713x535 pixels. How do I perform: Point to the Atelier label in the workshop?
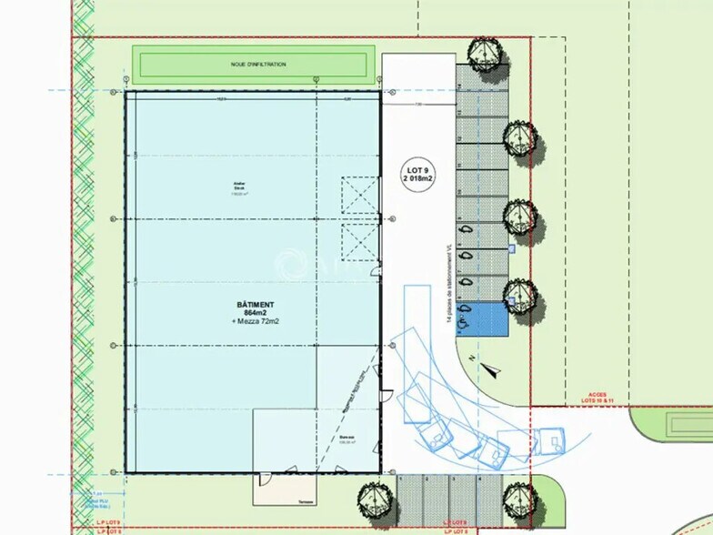[240, 184]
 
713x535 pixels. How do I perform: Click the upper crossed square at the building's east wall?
[359, 195]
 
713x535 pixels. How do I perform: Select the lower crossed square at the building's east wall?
[359, 242]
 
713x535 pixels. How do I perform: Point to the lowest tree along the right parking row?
[520, 292]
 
